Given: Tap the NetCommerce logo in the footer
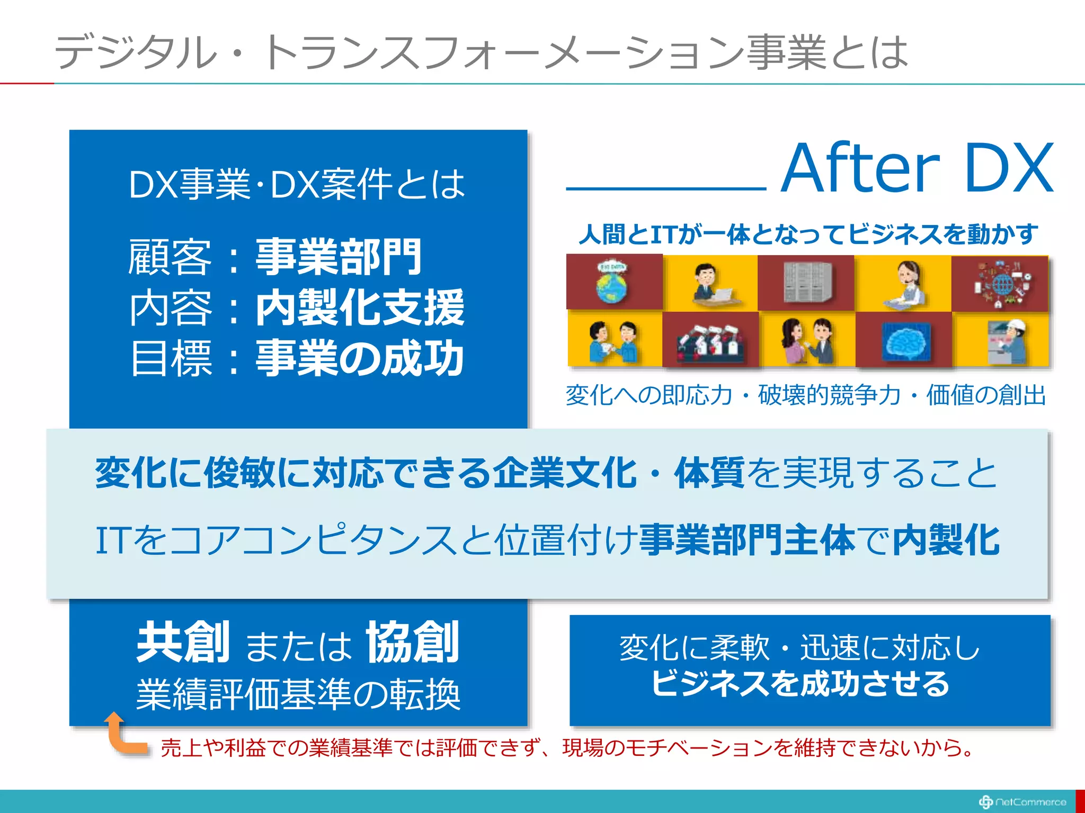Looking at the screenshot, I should click(x=1022, y=802).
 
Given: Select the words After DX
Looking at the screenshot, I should click(x=917, y=168).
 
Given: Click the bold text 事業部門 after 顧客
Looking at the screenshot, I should click(x=338, y=257).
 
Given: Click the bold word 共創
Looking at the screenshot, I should click(x=183, y=643).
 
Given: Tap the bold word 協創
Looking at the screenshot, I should click(x=412, y=643).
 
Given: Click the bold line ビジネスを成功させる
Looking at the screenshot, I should click(x=800, y=683).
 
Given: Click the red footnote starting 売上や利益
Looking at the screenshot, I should click(x=567, y=748).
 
